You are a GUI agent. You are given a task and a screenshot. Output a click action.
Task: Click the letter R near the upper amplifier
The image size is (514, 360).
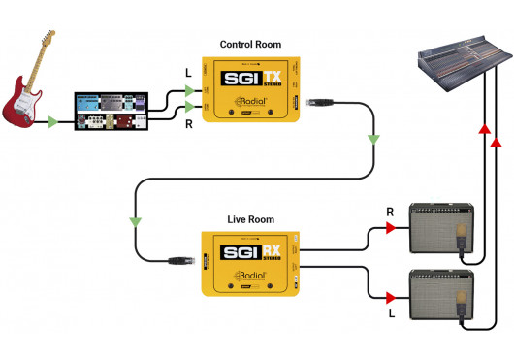(x=388, y=210)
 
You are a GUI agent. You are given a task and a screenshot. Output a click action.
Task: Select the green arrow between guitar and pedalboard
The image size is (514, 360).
(x=54, y=121)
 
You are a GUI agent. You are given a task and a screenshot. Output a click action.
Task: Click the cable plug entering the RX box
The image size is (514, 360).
(x=181, y=259)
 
